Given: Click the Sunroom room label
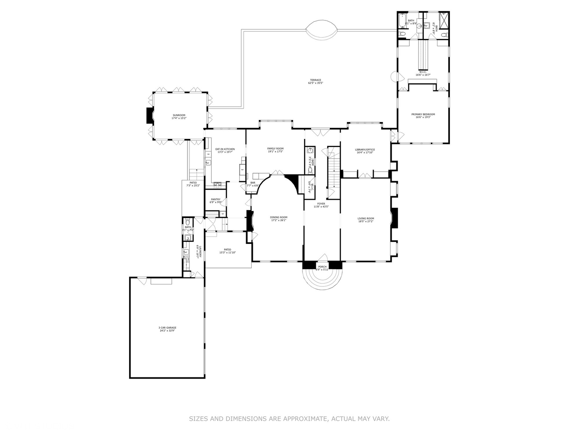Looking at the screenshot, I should [x=179, y=115].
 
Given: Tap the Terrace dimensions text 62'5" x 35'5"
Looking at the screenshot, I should [x=316, y=83].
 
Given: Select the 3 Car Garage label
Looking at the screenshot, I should [x=167, y=328].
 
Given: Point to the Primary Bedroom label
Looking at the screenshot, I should [x=423, y=115].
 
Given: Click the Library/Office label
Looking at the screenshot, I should [x=365, y=149].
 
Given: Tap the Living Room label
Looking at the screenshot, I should [x=366, y=219].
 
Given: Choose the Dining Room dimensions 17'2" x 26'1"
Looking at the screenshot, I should [x=278, y=220].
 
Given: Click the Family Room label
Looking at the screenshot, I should [x=275, y=149].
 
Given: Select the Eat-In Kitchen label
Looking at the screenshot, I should [x=225, y=149].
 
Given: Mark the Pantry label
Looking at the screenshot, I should [x=216, y=199].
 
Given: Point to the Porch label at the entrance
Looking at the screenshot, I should [x=322, y=267].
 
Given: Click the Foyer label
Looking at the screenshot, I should [x=321, y=204].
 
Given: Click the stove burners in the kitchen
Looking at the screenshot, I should [x=217, y=185].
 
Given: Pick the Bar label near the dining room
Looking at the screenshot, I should [x=253, y=183].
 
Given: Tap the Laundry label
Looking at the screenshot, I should [x=197, y=251].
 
